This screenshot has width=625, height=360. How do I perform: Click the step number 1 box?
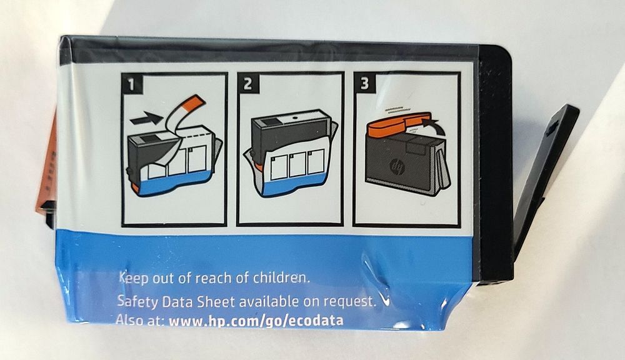pyautogui.click(x=132, y=84)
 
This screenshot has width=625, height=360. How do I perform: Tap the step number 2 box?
pyautogui.click(x=248, y=84)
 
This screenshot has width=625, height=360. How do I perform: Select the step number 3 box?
pyautogui.click(x=364, y=83)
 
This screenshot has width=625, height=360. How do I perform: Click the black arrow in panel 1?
pyautogui.click(x=146, y=117)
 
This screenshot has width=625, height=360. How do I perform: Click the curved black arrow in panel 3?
pyautogui.click(x=431, y=122)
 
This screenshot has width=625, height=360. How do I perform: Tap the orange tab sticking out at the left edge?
pyautogui.click(x=47, y=171)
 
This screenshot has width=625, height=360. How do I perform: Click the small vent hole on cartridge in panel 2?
pyautogui.click(x=294, y=118)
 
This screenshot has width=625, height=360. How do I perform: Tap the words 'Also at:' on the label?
pyautogui.click(x=140, y=320)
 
